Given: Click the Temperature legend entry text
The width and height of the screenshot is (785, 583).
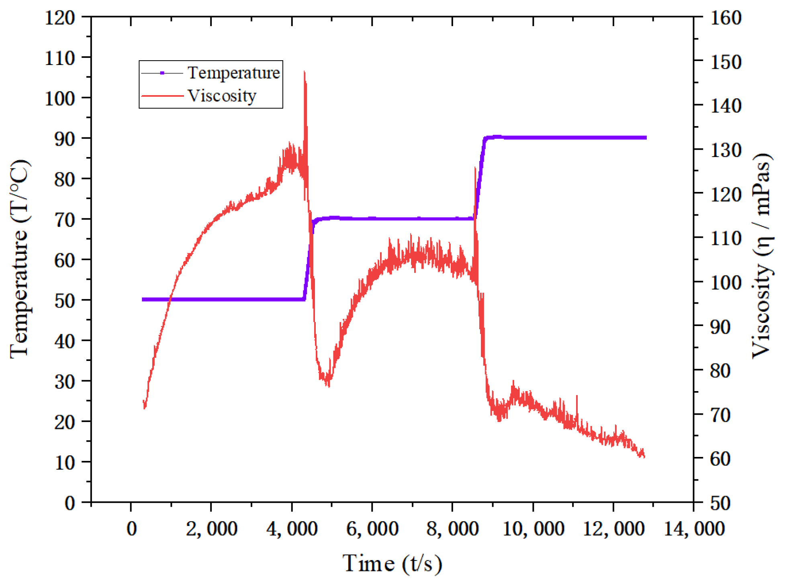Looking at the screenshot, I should click(x=233, y=73).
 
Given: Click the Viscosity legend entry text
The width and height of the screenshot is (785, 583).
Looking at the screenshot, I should click(x=221, y=96).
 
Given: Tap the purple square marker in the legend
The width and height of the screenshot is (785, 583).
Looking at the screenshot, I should click(x=162, y=73).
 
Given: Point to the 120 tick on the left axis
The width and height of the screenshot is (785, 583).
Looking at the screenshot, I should click(x=59, y=18).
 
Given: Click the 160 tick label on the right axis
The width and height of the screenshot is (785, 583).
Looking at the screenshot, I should click(x=726, y=18).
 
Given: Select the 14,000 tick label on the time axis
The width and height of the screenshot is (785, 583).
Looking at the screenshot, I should click(x=694, y=528).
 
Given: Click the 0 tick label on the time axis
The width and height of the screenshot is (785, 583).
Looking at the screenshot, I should click(x=131, y=528).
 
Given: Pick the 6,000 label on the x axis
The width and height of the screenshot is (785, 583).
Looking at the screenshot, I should click(x=372, y=528).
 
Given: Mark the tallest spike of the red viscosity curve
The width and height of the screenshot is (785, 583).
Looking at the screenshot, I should click(x=305, y=73).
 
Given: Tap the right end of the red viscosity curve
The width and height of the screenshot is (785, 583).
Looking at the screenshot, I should click(x=644, y=456).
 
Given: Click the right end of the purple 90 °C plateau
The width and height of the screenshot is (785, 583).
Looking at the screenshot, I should click(x=646, y=138).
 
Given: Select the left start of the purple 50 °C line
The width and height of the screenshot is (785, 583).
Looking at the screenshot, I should click(x=143, y=300).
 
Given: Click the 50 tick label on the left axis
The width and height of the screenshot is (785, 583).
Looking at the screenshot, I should click(x=64, y=300).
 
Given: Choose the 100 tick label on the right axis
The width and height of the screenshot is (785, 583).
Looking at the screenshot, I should click(x=726, y=282).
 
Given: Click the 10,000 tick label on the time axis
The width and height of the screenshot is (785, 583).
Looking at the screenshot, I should click(x=533, y=528).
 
